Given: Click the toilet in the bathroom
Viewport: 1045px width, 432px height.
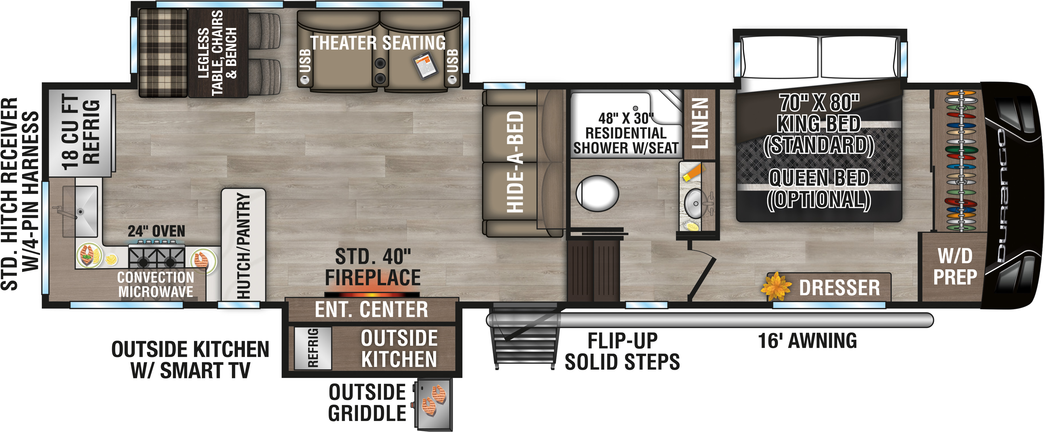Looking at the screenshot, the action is pyautogui.click(x=597, y=193).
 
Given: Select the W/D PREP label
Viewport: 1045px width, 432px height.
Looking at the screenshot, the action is pyautogui.click(x=955, y=267).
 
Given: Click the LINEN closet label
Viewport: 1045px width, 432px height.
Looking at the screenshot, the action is pyautogui.click(x=700, y=123).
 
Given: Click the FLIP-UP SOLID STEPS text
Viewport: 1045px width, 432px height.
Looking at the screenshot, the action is pyautogui.click(x=622, y=351).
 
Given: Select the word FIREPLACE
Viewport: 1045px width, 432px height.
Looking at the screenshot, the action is pyautogui.click(x=373, y=278).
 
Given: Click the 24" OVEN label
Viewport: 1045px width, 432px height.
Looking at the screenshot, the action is pyautogui.click(x=157, y=231).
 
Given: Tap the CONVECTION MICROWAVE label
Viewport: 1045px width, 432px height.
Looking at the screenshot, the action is pyautogui.click(x=156, y=285).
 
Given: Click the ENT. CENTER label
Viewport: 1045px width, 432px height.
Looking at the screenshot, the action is pyautogui.click(x=372, y=310).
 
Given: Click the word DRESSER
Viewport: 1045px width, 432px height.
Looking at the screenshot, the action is pyautogui.click(x=839, y=288).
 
